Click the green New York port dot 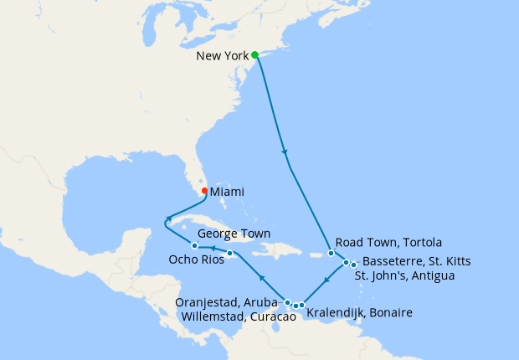(x=255, y=55)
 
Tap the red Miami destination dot (x=205, y=190)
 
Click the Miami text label (x=227, y=192)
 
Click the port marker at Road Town (x=331, y=253)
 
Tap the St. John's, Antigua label (x=404, y=275)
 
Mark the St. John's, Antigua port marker (x=354, y=265)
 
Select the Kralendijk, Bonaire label (x=360, y=313)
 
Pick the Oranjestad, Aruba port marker (x=288, y=302)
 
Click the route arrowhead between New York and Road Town (x=286, y=153)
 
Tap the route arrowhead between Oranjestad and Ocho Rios (x=261, y=277)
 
